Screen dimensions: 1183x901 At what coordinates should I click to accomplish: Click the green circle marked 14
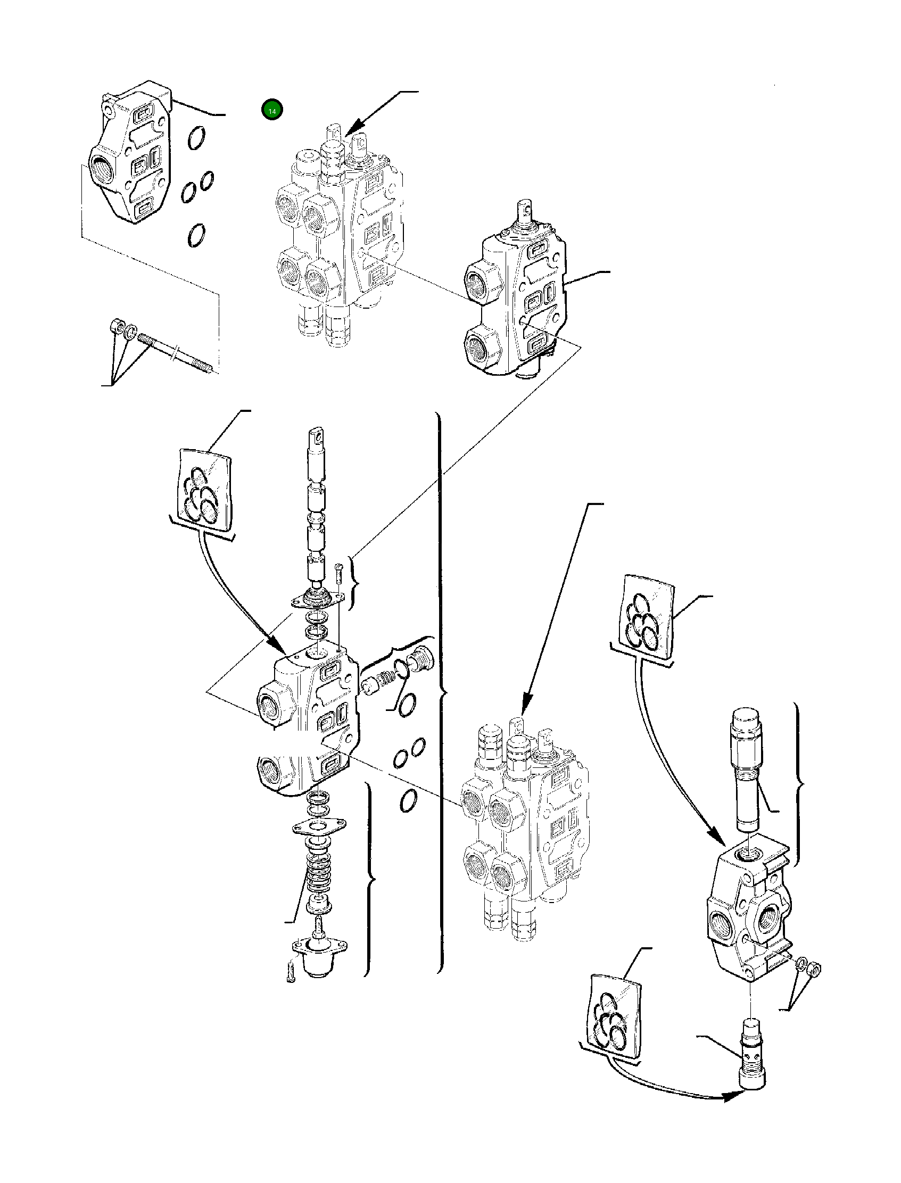pos(272,110)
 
